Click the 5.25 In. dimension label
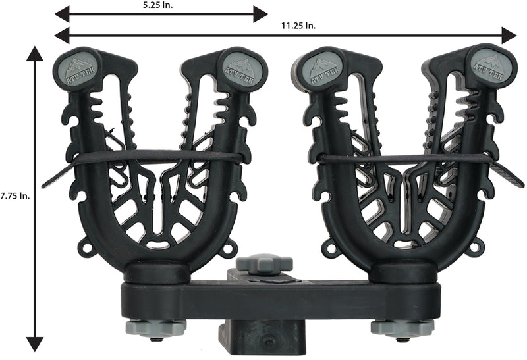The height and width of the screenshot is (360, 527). coord(157,6)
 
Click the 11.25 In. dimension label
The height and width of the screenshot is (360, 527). coord(298,26)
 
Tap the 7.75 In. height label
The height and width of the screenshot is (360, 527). coord(14,196)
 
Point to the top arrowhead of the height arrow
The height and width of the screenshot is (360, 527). coord(35,54)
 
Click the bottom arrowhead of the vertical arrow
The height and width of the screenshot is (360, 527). coord(35,344)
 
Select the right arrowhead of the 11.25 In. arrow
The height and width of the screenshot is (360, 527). coord(509,35)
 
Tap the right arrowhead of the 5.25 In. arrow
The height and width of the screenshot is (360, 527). coord(260,14)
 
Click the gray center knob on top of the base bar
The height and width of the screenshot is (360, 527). coord(264,264)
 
